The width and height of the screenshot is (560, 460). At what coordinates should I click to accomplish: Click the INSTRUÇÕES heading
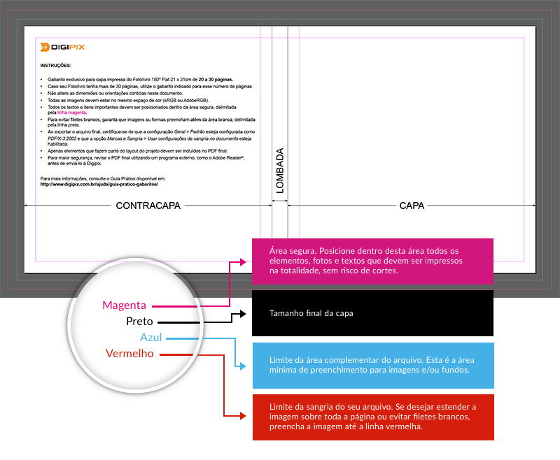55,66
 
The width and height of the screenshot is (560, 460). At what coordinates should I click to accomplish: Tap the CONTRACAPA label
148,206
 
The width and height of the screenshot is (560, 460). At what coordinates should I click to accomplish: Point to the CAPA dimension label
412,206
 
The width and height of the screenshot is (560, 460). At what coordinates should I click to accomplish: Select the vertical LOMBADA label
279,170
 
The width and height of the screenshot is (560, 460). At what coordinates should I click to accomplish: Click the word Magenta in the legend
124,306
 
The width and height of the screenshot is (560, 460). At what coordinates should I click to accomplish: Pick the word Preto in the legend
139,322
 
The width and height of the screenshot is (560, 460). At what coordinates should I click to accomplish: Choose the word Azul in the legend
151,338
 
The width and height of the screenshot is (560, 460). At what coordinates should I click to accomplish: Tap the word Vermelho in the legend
129,354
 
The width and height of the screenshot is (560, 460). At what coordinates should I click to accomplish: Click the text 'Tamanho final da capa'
311,313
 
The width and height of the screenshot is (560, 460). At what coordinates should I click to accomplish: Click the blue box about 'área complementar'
372,365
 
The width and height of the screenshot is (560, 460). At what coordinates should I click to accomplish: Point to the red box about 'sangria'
372,417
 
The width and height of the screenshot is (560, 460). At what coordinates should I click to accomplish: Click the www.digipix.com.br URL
99,184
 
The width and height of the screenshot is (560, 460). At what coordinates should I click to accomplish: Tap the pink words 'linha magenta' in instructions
71,112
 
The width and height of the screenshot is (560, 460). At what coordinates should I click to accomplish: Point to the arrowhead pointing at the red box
244,417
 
